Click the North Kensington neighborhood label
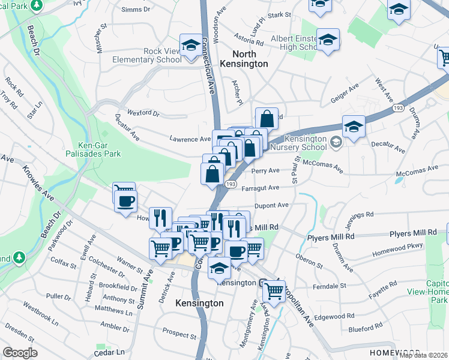pos(244,58)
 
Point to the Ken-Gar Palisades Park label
pos(100,149)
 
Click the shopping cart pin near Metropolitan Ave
pos(274,291)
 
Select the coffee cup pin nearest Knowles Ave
pos(125,200)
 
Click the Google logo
pos(20,353)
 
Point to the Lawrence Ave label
pos(190,139)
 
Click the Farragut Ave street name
pos(261,188)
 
